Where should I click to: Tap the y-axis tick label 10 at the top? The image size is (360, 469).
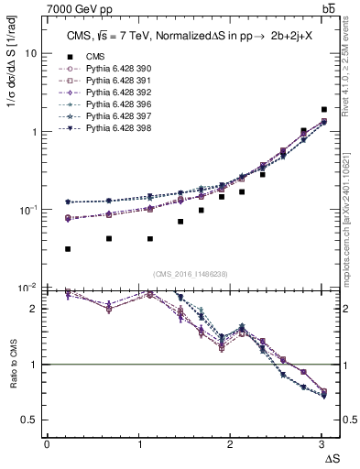30,53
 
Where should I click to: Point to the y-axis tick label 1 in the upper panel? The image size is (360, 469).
33,132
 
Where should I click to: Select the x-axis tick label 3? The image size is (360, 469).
320,444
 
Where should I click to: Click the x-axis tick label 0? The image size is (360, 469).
47,444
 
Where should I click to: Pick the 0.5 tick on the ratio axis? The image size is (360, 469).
29,420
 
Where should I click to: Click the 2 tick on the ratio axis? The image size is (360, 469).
33,309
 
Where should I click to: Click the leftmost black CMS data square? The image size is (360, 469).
68,249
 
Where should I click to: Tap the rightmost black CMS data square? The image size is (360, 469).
323,110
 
